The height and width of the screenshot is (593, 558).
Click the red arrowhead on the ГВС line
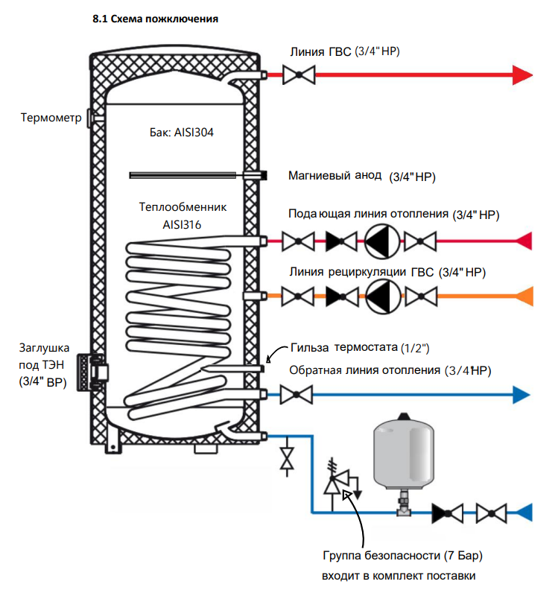[x=522, y=75]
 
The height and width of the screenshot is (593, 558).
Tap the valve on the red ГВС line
[x=299, y=75]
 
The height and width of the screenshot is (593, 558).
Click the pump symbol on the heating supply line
[x=381, y=241]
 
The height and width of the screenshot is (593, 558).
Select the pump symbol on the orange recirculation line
[x=383, y=296]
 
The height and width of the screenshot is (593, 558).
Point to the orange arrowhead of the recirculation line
[x=525, y=296]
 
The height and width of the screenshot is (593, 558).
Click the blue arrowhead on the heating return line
[x=521, y=395]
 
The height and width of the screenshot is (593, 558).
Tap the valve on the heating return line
[x=297, y=395]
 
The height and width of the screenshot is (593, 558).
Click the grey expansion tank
[x=404, y=454]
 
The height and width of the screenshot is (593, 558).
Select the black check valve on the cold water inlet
[x=448, y=513]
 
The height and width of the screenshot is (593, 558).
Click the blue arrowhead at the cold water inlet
[x=524, y=513]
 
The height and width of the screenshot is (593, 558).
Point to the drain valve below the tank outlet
[x=287, y=458]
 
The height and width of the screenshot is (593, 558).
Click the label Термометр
[x=51, y=118]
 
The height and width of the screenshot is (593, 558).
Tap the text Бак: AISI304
[x=182, y=133]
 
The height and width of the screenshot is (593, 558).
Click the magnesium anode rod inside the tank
[x=183, y=175]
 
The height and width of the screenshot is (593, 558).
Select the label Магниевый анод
[x=335, y=176]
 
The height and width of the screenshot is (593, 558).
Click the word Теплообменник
[x=183, y=207]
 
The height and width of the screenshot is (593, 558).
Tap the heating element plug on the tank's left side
[x=92, y=372]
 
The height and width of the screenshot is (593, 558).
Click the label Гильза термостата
[x=344, y=347]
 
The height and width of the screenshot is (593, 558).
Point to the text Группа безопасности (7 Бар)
[x=403, y=556]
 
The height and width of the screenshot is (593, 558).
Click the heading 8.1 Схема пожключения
[x=156, y=19]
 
